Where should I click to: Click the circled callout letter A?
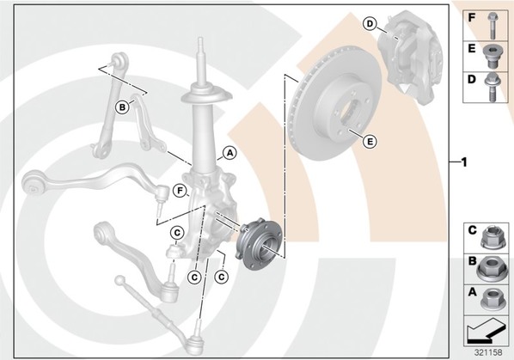[229, 153]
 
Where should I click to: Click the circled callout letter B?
[122, 107]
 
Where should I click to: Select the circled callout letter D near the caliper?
[370, 24]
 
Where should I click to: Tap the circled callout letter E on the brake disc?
[370, 142]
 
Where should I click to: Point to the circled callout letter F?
[180, 191]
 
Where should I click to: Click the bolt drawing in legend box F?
[492, 25]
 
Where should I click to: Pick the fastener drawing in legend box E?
[491, 57]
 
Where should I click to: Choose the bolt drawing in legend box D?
[492, 87]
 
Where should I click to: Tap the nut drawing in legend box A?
[490, 299]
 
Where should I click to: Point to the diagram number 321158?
[488, 352]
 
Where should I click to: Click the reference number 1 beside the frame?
[464, 162]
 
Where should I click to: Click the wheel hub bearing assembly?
[259, 243]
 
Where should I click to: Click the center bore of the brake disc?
[350, 113]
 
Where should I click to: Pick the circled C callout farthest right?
[221, 278]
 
